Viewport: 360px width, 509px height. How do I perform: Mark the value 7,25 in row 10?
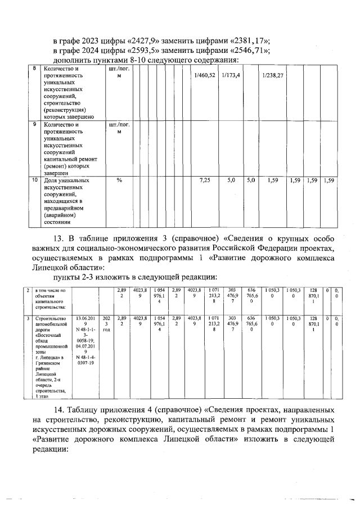pyautogui.click(x=205, y=181)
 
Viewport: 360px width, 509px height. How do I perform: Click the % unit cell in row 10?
pyautogui.click(x=119, y=181)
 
